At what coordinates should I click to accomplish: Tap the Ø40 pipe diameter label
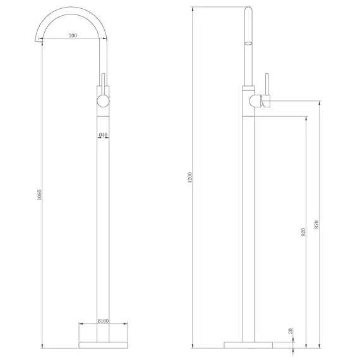pos(103,135)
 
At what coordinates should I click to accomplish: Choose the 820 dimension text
pos(304,232)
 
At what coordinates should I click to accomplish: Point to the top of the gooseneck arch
pos(69,9)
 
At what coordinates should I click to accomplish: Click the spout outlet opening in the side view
pos(248,44)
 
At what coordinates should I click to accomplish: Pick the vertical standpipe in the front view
pos(103,221)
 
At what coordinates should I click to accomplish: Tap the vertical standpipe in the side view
pos(249,221)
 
